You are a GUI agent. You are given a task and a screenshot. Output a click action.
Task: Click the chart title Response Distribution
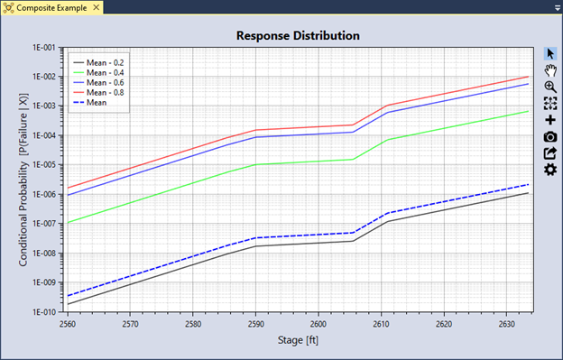298,36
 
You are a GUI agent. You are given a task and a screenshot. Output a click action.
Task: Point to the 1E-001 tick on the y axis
41,47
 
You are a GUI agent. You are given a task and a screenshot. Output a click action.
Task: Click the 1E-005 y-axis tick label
41,165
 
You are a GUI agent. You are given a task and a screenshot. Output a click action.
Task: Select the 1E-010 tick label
41,312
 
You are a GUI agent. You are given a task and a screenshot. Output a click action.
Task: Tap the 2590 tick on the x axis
255,323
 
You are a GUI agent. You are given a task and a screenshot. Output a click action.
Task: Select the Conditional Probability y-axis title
23,180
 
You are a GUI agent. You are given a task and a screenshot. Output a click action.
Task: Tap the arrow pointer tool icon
550,53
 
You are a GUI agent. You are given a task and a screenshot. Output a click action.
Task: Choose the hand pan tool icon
550,70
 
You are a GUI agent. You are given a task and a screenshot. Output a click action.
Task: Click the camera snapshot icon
550,136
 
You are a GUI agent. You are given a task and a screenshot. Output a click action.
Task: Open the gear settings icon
550,170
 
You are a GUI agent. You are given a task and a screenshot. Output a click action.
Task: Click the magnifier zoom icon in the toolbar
550,87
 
